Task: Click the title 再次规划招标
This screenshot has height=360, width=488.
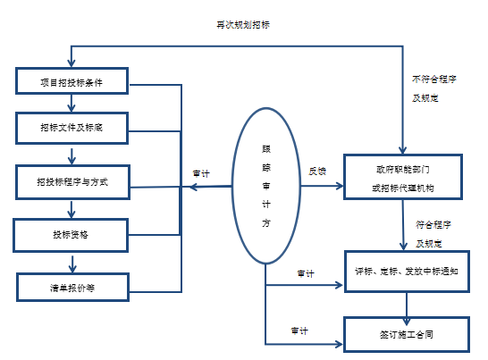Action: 243,25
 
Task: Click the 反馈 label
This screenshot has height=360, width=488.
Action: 317,172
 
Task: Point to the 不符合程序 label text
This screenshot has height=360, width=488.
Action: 434,79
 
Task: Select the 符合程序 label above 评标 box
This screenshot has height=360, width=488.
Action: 433,224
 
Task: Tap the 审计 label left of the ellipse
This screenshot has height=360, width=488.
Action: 201,173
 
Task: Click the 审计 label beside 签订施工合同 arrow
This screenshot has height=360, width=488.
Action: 299,331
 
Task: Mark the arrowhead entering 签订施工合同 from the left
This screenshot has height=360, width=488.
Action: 339,344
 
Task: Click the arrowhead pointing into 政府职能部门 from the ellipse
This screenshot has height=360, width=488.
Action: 339,186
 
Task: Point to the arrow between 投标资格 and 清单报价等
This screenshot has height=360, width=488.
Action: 72,264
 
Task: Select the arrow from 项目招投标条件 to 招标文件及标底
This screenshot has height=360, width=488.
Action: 72,103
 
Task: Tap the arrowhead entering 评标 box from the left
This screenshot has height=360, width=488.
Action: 339,285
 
